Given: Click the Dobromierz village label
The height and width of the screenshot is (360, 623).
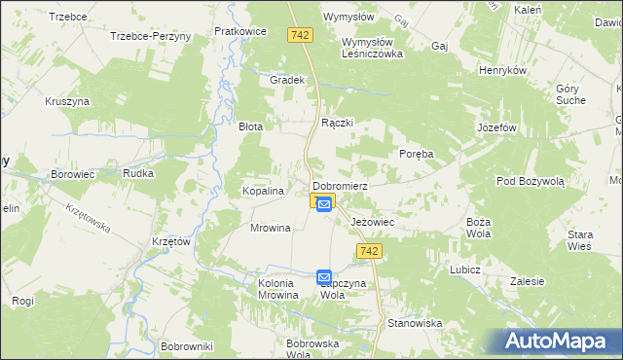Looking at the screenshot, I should pyautogui.click(x=339, y=185).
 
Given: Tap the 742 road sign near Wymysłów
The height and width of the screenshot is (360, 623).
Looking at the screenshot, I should pyautogui.click(x=301, y=34).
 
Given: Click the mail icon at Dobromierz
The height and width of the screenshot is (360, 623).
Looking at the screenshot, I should pyautogui.click(x=324, y=203).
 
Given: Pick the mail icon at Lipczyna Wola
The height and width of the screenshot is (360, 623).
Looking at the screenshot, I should pyautogui.click(x=324, y=277).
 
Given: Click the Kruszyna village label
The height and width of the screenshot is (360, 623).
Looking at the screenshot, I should pyautogui.click(x=67, y=101).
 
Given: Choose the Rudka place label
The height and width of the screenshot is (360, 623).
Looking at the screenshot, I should pyautogui.click(x=134, y=174).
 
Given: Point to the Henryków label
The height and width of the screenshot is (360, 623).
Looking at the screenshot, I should pyautogui.click(x=502, y=71).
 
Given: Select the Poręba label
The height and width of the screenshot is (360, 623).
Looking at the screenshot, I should pyautogui.click(x=416, y=154).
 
